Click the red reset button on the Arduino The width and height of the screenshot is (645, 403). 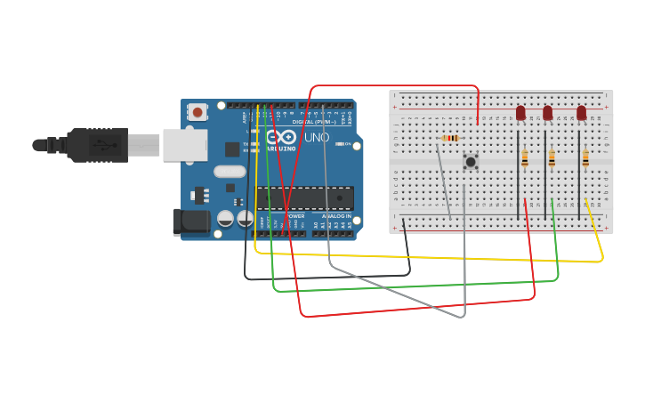[197, 111]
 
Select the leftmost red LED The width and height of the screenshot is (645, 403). [520, 113]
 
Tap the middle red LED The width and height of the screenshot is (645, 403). [547, 113]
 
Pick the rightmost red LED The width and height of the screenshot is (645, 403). [581, 113]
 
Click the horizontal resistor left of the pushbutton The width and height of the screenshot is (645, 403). [450, 138]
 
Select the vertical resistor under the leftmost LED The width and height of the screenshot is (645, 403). [525, 158]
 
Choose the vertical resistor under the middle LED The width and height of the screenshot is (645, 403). [552, 158]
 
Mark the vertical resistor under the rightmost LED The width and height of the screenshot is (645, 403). [585, 158]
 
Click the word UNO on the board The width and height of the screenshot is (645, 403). [317, 138]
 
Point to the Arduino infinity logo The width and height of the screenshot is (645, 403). [281, 137]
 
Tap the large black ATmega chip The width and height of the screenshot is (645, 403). [305, 197]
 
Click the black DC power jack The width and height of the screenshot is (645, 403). [190, 222]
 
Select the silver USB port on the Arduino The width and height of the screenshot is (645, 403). [185, 145]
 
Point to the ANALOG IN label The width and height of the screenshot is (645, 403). [335, 216]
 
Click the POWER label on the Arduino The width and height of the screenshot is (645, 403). [294, 216]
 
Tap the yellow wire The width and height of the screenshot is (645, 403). [427, 257]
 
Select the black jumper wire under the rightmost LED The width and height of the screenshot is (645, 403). [579, 178]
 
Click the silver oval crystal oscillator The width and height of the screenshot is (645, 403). [230, 172]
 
